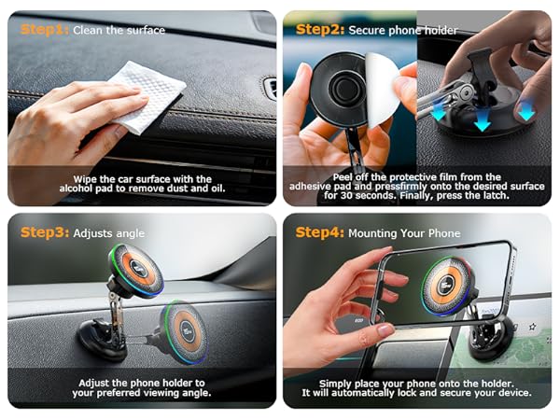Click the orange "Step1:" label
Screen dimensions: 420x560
click(x=43, y=30)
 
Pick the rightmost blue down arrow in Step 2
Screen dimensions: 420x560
click(x=526, y=110)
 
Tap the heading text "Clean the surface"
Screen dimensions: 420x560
click(x=119, y=30)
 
